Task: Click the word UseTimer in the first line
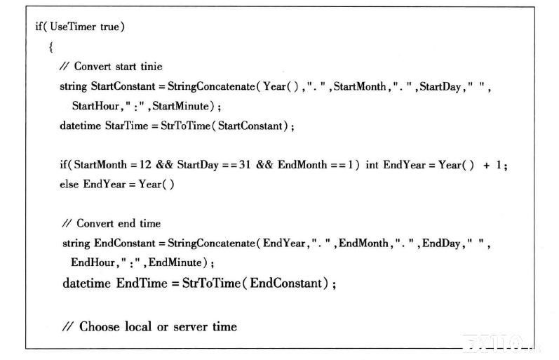click(73, 27)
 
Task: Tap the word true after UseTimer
click(109, 27)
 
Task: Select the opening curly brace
click(51, 47)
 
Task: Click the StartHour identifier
click(95, 106)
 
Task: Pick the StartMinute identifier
click(180, 106)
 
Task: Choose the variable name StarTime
click(126, 126)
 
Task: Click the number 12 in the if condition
click(145, 165)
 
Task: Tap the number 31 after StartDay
click(245, 165)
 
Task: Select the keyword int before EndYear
click(372, 165)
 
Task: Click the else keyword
click(69, 185)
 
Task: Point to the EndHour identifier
click(93, 262)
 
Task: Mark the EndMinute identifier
click(175, 262)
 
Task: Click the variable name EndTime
click(142, 284)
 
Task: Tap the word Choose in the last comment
click(99, 326)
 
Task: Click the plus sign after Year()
click(486, 165)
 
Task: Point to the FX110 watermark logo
click(501, 345)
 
